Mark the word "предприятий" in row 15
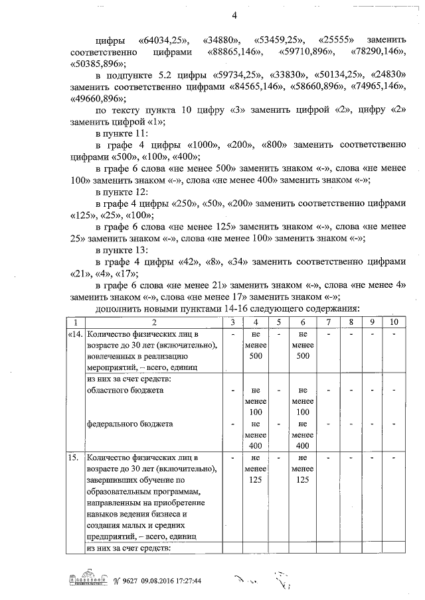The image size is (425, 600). click(112, 536)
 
